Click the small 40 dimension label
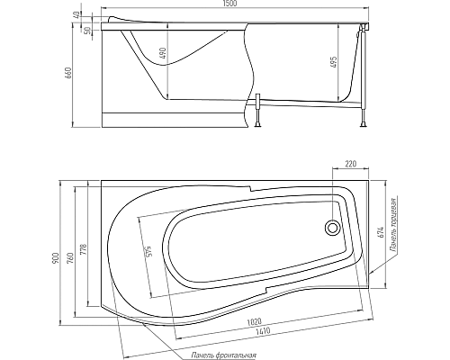coord(79,14)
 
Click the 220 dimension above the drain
coord(351,165)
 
